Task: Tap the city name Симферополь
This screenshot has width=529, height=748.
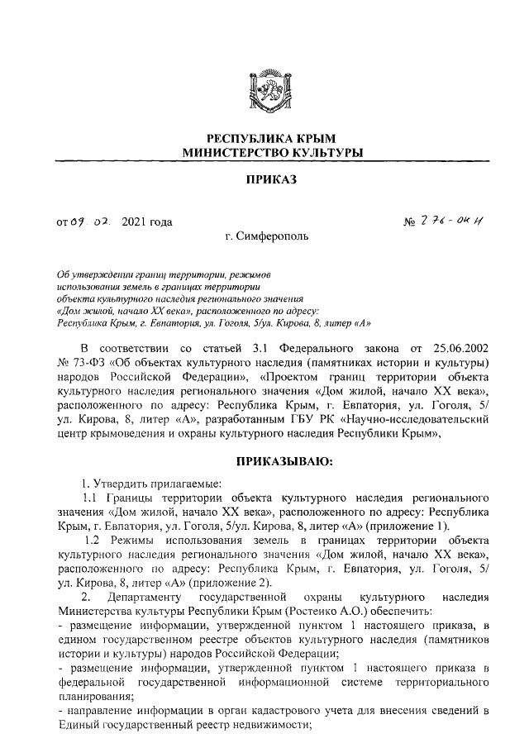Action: click(x=273, y=237)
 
